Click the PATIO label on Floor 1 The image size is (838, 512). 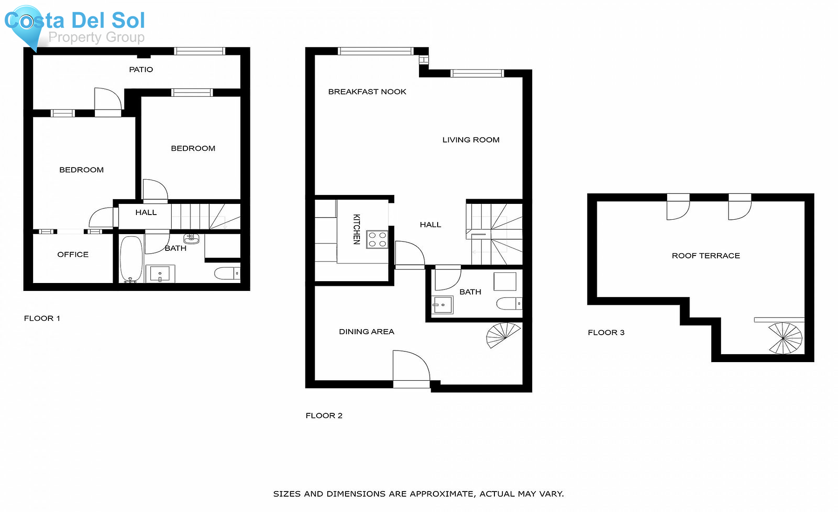141,70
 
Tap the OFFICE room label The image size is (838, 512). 73,255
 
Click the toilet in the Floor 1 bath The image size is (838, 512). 227,273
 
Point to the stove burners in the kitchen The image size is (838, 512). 377,239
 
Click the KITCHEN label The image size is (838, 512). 357,229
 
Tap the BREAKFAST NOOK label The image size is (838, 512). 367,92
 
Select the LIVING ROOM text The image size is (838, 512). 471,140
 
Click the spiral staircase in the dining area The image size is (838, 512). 503,335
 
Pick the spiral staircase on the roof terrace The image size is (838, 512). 785,338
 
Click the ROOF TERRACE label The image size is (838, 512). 706,256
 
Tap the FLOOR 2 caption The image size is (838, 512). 324,416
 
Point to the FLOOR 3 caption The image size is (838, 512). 606,332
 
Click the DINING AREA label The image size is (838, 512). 366,332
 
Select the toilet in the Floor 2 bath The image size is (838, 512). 509,304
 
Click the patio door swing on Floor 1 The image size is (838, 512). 108,99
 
